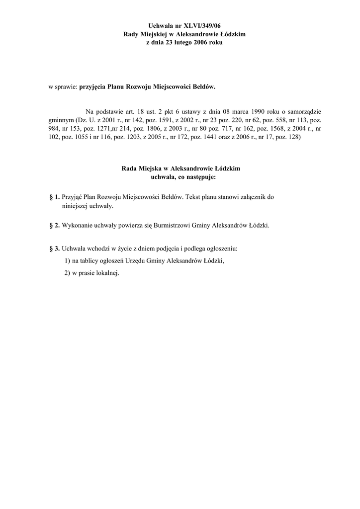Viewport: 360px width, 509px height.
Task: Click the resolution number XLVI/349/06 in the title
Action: click(x=201, y=25)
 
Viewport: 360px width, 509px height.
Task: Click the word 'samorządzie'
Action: click(x=303, y=111)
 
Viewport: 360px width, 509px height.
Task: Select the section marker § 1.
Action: click(x=55, y=197)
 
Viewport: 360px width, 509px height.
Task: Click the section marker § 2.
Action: click(x=55, y=225)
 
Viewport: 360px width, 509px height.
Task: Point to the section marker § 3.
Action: click(x=55, y=248)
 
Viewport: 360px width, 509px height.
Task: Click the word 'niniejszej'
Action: click(x=75, y=206)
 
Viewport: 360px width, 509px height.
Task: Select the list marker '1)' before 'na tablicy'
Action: click(x=68, y=261)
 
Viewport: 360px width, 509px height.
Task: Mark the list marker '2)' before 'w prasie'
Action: click(x=68, y=274)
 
